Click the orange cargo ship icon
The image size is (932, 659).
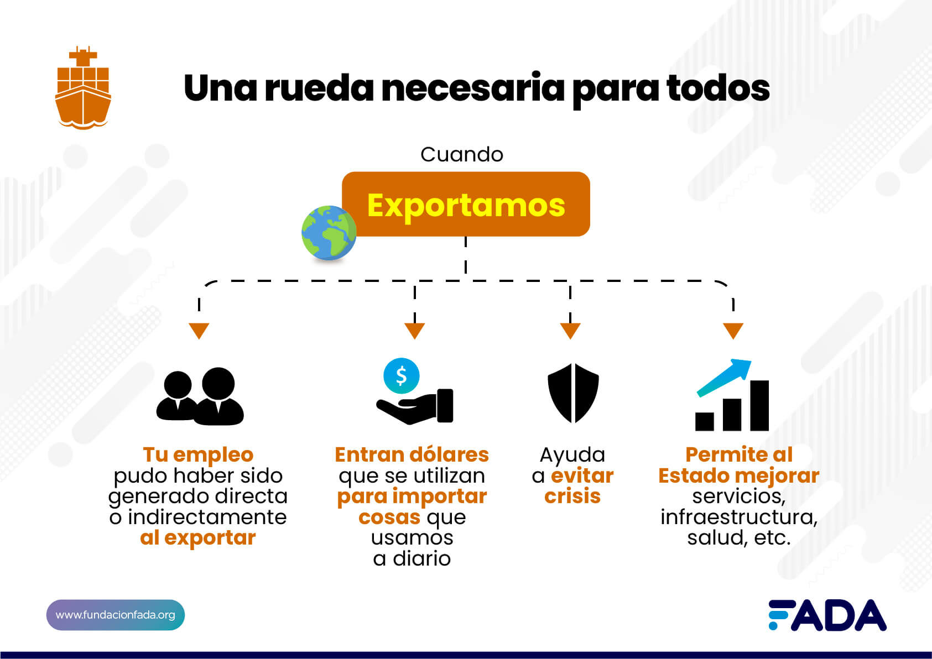tap(83, 87)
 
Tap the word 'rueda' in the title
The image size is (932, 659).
tap(319, 88)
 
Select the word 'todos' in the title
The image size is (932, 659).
tap(718, 88)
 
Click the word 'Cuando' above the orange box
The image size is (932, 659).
tap(462, 155)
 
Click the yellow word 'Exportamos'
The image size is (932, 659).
tap(466, 206)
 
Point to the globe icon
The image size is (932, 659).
tap(329, 233)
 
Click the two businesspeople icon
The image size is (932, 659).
tap(200, 396)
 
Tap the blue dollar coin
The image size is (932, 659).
tap(401, 376)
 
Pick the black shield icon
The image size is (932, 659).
tap(574, 393)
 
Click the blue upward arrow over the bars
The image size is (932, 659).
tap(725, 378)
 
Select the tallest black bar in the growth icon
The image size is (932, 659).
tap(759, 405)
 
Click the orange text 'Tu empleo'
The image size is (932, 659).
tap(198, 454)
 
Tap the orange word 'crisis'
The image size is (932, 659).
tap(572, 496)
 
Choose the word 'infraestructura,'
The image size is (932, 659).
tap(739, 517)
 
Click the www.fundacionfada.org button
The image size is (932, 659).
tap(115, 615)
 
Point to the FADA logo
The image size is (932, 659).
tap(827, 615)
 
